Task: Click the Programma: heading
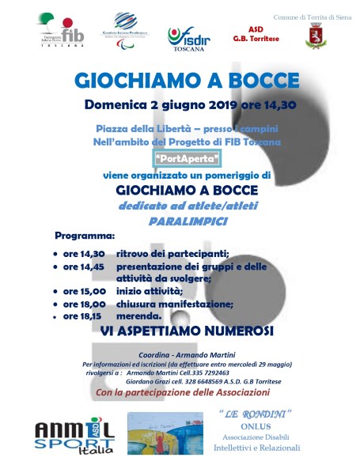85,236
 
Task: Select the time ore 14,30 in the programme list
84,254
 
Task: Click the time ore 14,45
84,267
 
